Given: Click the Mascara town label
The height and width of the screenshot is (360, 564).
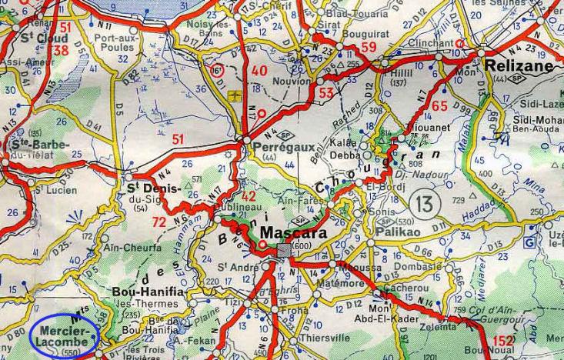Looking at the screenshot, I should pyautogui.click(x=293, y=232).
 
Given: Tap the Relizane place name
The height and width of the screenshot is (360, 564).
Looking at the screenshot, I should pyautogui.click(x=519, y=66).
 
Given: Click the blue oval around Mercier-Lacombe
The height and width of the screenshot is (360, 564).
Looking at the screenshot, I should pyautogui.click(x=65, y=337).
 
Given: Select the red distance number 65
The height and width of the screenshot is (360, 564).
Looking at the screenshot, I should pyautogui.click(x=439, y=106).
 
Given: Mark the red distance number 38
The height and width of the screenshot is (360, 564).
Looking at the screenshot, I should pyautogui.click(x=59, y=51).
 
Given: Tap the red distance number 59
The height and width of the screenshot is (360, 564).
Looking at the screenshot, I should pyautogui.click(x=369, y=47).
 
